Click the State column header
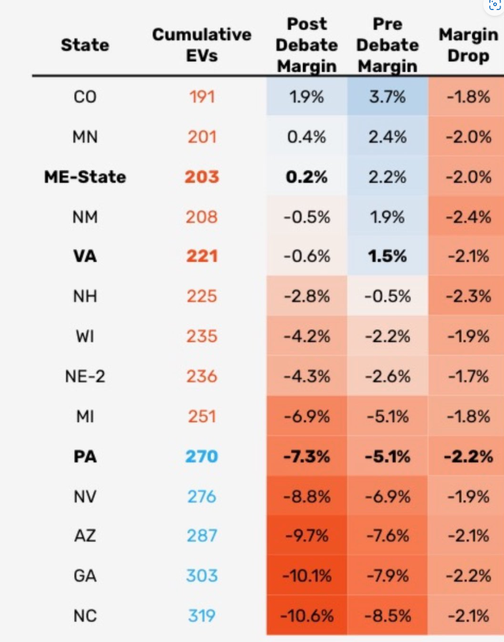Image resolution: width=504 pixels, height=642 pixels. pos(85,45)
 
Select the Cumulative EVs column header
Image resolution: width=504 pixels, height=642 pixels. pos(202,45)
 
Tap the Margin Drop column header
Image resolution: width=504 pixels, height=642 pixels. pos(468,44)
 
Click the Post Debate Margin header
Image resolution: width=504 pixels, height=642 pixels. pos(307,45)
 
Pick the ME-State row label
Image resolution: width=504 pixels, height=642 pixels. pos(85,176)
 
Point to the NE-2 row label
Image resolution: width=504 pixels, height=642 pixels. pos(85,376)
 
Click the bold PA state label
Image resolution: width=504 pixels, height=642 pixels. pos(85,456)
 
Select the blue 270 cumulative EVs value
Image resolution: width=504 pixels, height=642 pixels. pos(202,456)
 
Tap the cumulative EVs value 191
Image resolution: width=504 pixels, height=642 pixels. pos(202,96)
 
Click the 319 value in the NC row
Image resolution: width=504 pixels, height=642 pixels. pos(202,615)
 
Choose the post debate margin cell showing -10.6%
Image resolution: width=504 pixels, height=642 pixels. pos(307,615)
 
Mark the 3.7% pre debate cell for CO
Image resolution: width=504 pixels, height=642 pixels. pos(387,96)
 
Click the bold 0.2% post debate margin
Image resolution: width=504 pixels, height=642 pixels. pos(307,176)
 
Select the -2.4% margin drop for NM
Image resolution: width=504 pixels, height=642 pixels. pos(468,216)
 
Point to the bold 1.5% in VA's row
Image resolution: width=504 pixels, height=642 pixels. pos(387,256)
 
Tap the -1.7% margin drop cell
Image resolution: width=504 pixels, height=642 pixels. pos(468,376)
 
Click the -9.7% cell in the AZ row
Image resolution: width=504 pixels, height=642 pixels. pos(307,536)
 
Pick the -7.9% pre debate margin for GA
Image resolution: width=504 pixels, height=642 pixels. pos(387,576)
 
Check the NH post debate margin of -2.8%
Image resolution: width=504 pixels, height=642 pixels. pos(307,296)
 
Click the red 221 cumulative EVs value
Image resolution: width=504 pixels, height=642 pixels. pos(202,256)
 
